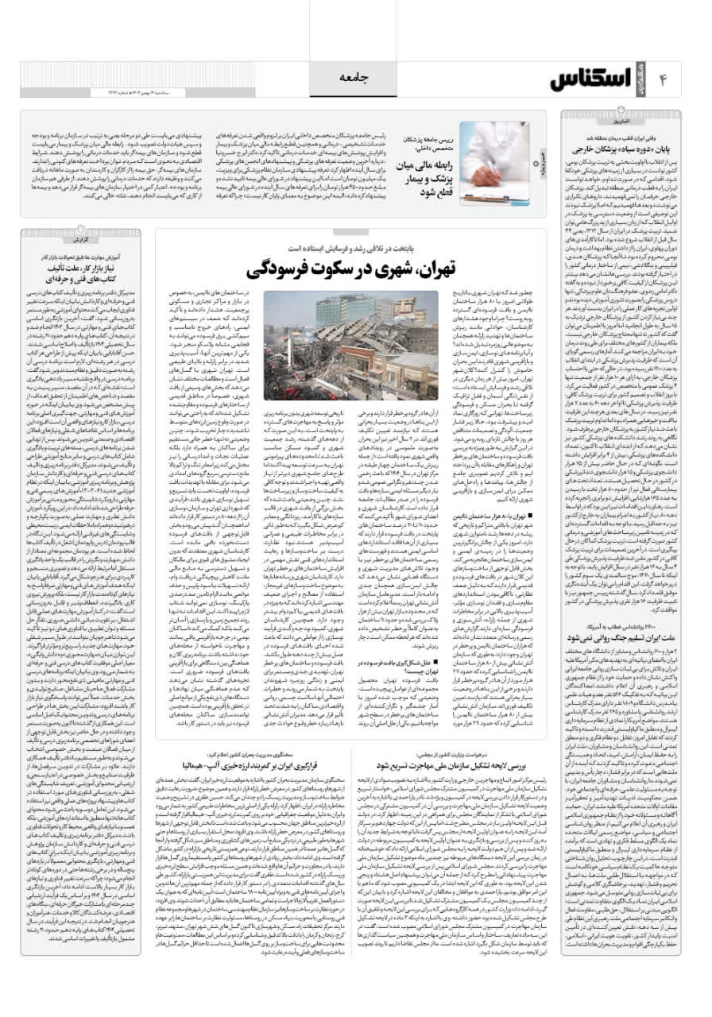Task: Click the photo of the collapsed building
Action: (350, 346)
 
